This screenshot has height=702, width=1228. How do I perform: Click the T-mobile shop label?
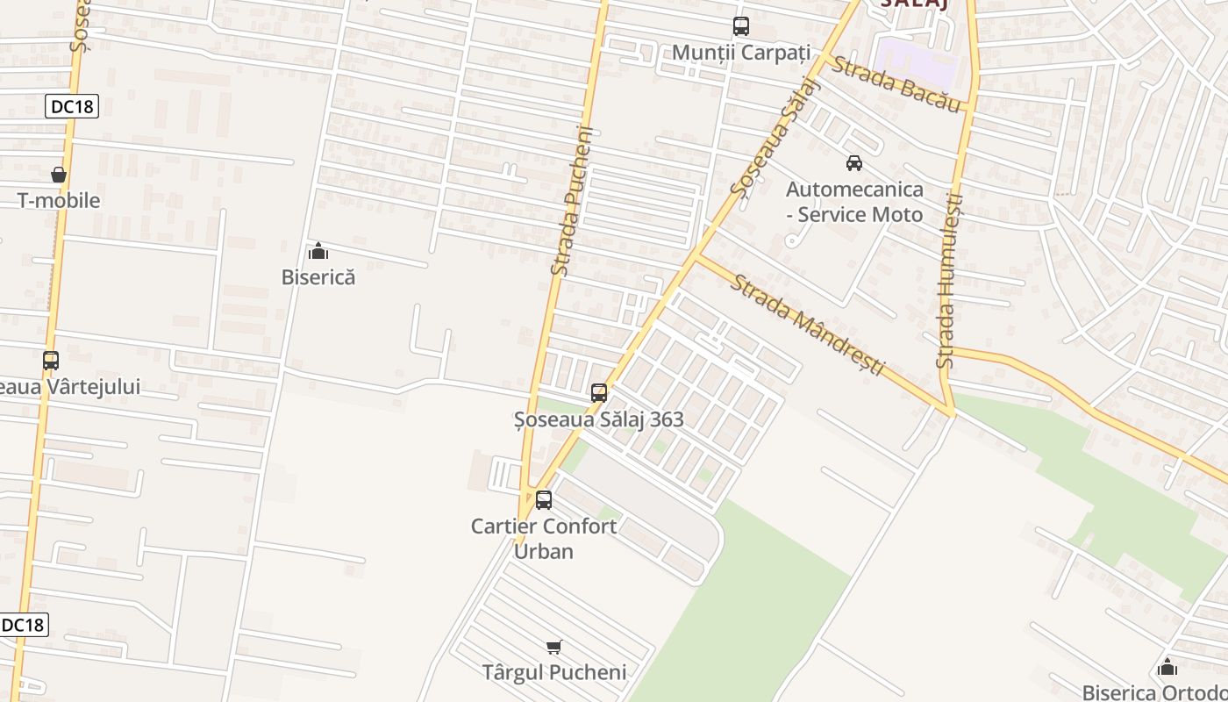(x=59, y=200)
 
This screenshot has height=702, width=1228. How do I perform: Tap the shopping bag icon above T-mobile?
(x=59, y=175)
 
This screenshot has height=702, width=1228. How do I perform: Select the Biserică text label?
(x=318, y=276)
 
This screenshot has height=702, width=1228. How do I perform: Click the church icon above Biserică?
(x=318, y=252)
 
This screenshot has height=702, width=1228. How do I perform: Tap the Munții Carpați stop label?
(x=741, y=52)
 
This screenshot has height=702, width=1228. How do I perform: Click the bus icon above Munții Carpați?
(x=741, y=26)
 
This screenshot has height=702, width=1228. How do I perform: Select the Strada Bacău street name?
(x=896, y=83)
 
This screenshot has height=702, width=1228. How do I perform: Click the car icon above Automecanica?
(x=853, y=162)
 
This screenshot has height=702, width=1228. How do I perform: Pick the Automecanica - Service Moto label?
(x=854, y=202)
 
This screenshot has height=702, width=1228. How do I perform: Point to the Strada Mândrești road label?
(x=809, y=325)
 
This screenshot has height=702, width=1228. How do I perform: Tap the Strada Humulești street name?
(x=950, y=281)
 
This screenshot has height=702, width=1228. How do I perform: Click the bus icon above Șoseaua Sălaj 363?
(x=599, y=393)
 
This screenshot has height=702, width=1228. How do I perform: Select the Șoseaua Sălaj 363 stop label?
(x=599, y=419)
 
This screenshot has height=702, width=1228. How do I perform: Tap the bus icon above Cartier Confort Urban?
(x=544, y=500)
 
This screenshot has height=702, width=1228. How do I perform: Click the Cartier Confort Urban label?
(x=544, y=539)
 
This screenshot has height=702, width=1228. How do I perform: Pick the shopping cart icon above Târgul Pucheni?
(x=553, y=648)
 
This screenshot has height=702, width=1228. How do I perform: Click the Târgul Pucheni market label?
(x=554, y=673)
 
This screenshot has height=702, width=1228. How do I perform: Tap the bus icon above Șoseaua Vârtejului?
(x=51, y=360)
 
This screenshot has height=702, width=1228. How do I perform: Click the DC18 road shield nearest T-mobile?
(x=72, y=106)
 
